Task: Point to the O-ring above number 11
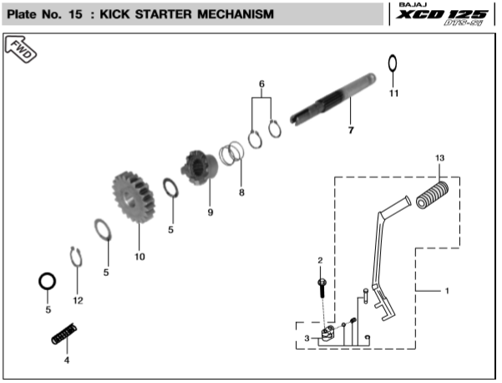point(393,64)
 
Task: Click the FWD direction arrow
point(22,51)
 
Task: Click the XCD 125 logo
point(447,16)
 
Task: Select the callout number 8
point(241,192)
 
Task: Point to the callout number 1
point(447,291)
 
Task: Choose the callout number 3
point(307,338)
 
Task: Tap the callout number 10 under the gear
point(139,256)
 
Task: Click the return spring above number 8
point(232,156)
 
